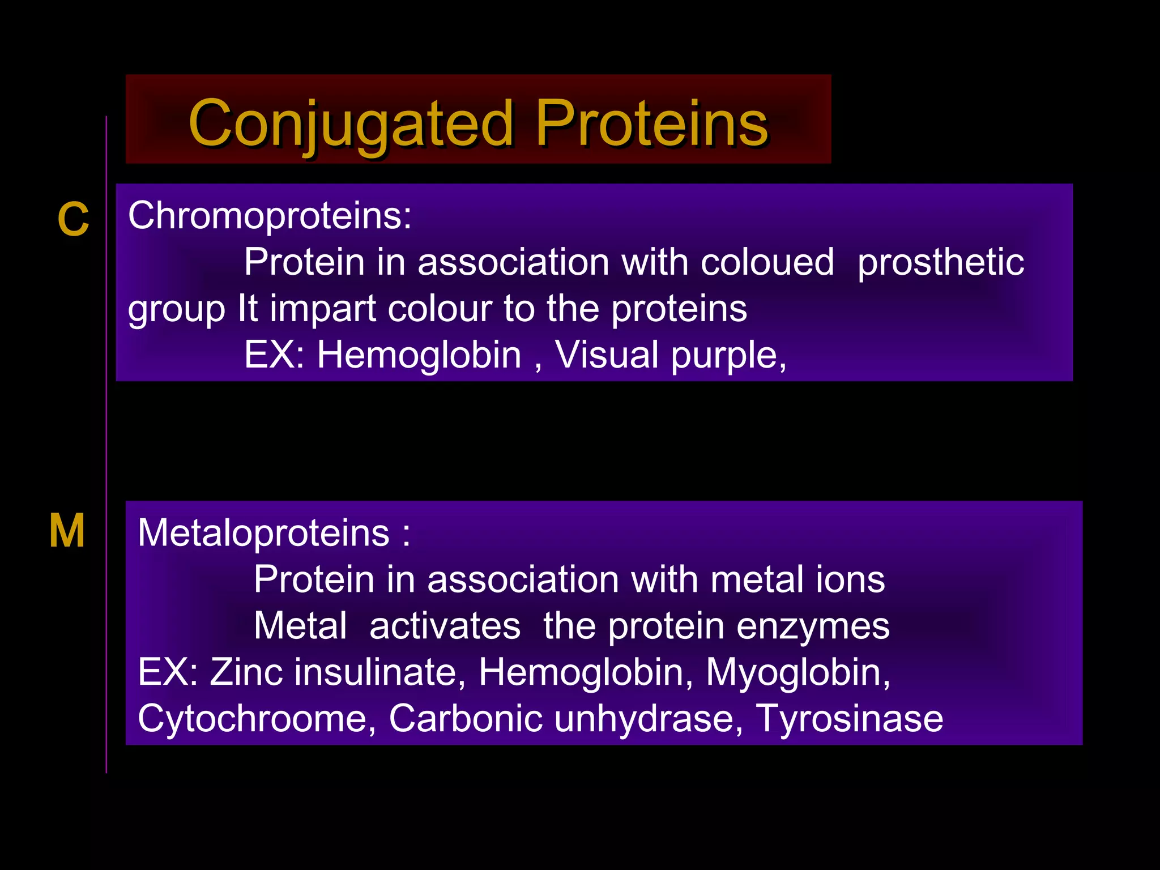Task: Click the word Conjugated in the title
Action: (351, 123)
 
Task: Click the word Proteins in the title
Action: (651, 123)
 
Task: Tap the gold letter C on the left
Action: (73, 220)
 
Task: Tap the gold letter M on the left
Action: (67, 531)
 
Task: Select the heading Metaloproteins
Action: (264, 533)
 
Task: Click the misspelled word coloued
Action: (767, 262)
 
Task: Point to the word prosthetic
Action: (940, 262)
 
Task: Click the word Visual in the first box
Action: (606, 355)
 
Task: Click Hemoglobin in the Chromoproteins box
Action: (419, 355)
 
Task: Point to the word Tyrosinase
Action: (850, 719)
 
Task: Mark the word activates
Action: (445, 626)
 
